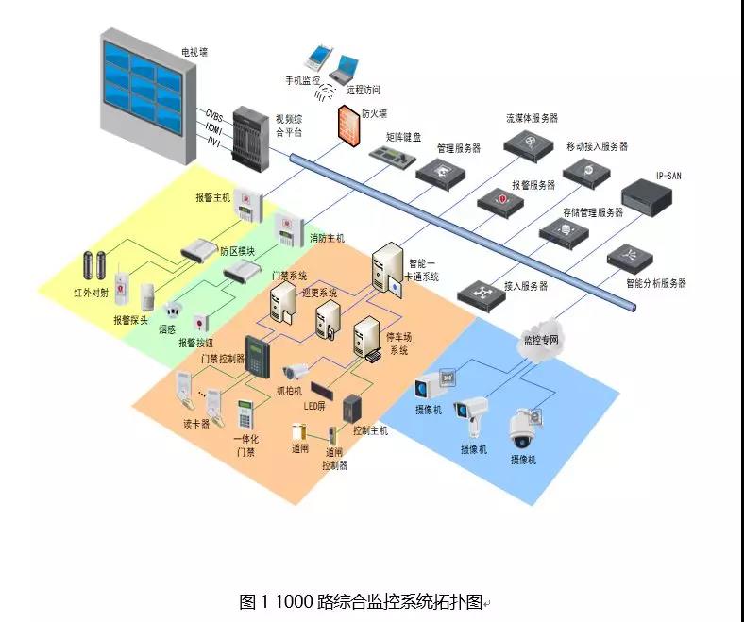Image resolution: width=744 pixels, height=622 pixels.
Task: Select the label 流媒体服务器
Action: [532, 119]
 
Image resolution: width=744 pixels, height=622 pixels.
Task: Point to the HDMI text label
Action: [213, 127]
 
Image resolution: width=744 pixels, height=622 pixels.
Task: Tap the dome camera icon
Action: [524, 429]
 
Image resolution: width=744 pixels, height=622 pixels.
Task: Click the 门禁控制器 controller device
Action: [256, 357]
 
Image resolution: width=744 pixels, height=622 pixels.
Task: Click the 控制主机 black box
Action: [353, 408]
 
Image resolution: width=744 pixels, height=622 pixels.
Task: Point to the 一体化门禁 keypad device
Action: [246, 414]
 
